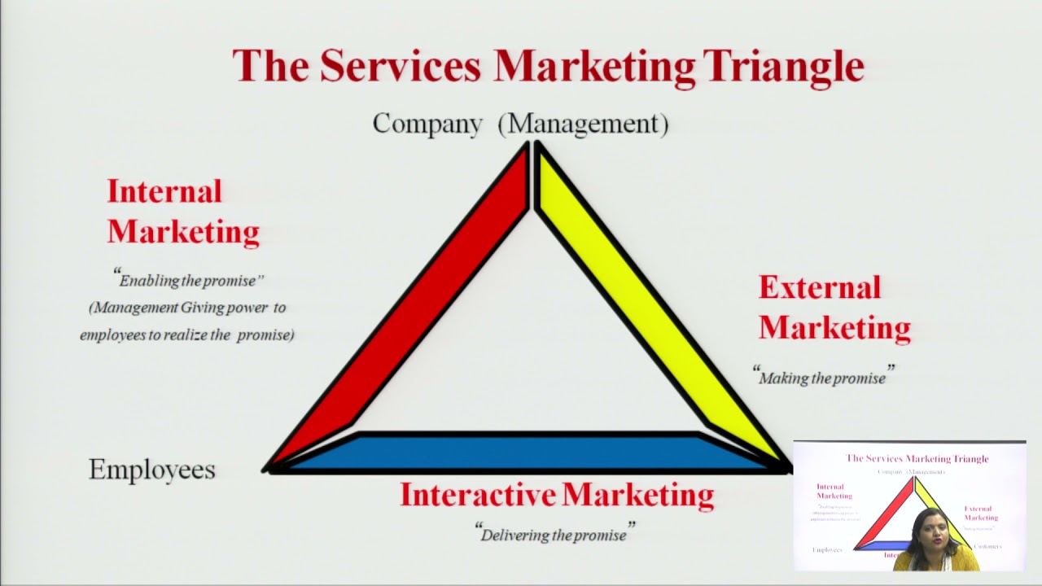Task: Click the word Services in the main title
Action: [x=400, y=67]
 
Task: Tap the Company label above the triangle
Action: [x=427, y=124]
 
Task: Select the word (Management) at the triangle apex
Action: [x=583, y=124]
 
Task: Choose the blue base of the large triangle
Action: [x=529, y=452]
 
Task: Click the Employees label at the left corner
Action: [x=152, y=470]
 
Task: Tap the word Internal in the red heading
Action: [x=164, y=191]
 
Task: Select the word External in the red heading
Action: [x=820, y=287]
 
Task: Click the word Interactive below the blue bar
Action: [x=478, y=495]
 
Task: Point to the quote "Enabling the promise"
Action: [x=189, y=280]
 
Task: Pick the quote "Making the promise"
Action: [x=823, y=377]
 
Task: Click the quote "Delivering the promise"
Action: [x=554, y=535]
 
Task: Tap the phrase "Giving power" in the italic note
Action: [x=234, y=308]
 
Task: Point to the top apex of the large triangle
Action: [x=532, y=146]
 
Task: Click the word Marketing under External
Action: [x=834, y=328]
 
